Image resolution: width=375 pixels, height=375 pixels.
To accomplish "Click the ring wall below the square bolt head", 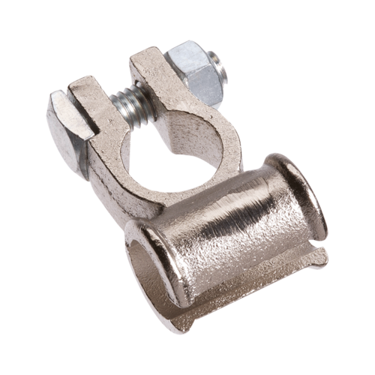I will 112,169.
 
